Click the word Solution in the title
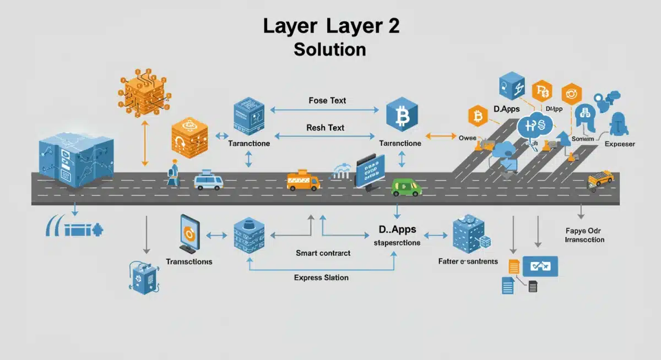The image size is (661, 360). (330, 49)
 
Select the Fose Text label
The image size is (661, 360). (327, 100)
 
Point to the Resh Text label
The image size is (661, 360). (325, 128)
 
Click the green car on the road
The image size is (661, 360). (406, 187)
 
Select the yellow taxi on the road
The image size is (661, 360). (600, 178)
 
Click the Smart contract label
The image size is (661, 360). (323, 253)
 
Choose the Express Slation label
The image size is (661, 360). (321, 277)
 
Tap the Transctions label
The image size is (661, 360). (189, 261)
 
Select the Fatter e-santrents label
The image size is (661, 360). (468, 261)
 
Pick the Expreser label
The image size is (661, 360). (620, 144)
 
